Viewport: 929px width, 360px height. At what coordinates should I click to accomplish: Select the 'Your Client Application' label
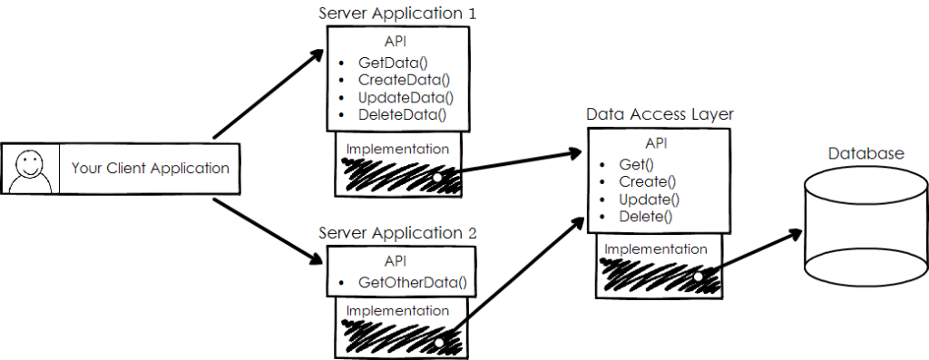coord(150,168)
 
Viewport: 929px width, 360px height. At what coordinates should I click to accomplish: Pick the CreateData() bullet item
coord(403,80)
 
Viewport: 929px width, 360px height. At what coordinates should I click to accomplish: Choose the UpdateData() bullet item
coord(405,97)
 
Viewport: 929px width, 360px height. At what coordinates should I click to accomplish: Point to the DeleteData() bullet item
coord(403,114)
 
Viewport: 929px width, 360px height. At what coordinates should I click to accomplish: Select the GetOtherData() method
coord(412,282)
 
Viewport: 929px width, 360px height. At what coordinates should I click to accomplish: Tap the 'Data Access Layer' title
coord(660,115)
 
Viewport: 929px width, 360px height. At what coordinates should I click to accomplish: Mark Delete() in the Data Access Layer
coord(646,216)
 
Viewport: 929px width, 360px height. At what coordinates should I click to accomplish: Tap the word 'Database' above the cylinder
coord(865,153)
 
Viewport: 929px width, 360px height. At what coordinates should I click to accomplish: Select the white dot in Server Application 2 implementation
coord(439,343)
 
